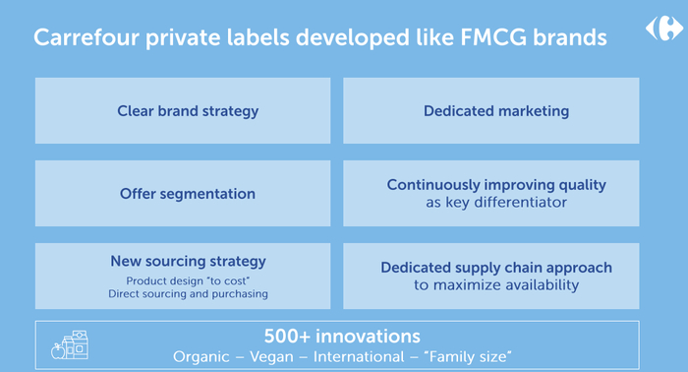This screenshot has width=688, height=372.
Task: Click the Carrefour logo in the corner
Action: point(663,29)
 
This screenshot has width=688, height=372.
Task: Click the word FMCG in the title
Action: point(493,37)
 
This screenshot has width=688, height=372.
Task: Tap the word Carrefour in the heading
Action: point(86,37)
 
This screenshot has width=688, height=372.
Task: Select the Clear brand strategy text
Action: point(188,111)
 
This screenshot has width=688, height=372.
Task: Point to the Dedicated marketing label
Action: point(496,111)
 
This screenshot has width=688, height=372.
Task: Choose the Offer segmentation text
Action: point(188,194)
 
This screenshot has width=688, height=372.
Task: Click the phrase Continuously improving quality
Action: point(496,185)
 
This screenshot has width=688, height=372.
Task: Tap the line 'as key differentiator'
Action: point(496,203)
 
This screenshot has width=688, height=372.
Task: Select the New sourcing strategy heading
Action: point(188,262)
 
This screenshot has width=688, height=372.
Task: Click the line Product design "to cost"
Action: point(188,280)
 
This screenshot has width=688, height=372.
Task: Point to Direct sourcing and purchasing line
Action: point(188,294)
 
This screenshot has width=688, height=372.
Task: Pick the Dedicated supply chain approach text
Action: point(496,268)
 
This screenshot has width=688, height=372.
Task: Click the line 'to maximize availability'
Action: point(496,285)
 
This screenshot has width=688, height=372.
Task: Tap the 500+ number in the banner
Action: point(287,337)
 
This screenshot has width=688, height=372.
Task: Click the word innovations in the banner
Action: point(368,337)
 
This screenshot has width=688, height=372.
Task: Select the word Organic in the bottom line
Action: point(201,356)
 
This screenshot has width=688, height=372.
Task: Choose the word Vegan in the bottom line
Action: point(271,356)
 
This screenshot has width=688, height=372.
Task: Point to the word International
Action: point(359,356)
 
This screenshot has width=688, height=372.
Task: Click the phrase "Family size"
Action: point(468,356)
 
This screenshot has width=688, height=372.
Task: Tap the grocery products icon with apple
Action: point(70,345)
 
